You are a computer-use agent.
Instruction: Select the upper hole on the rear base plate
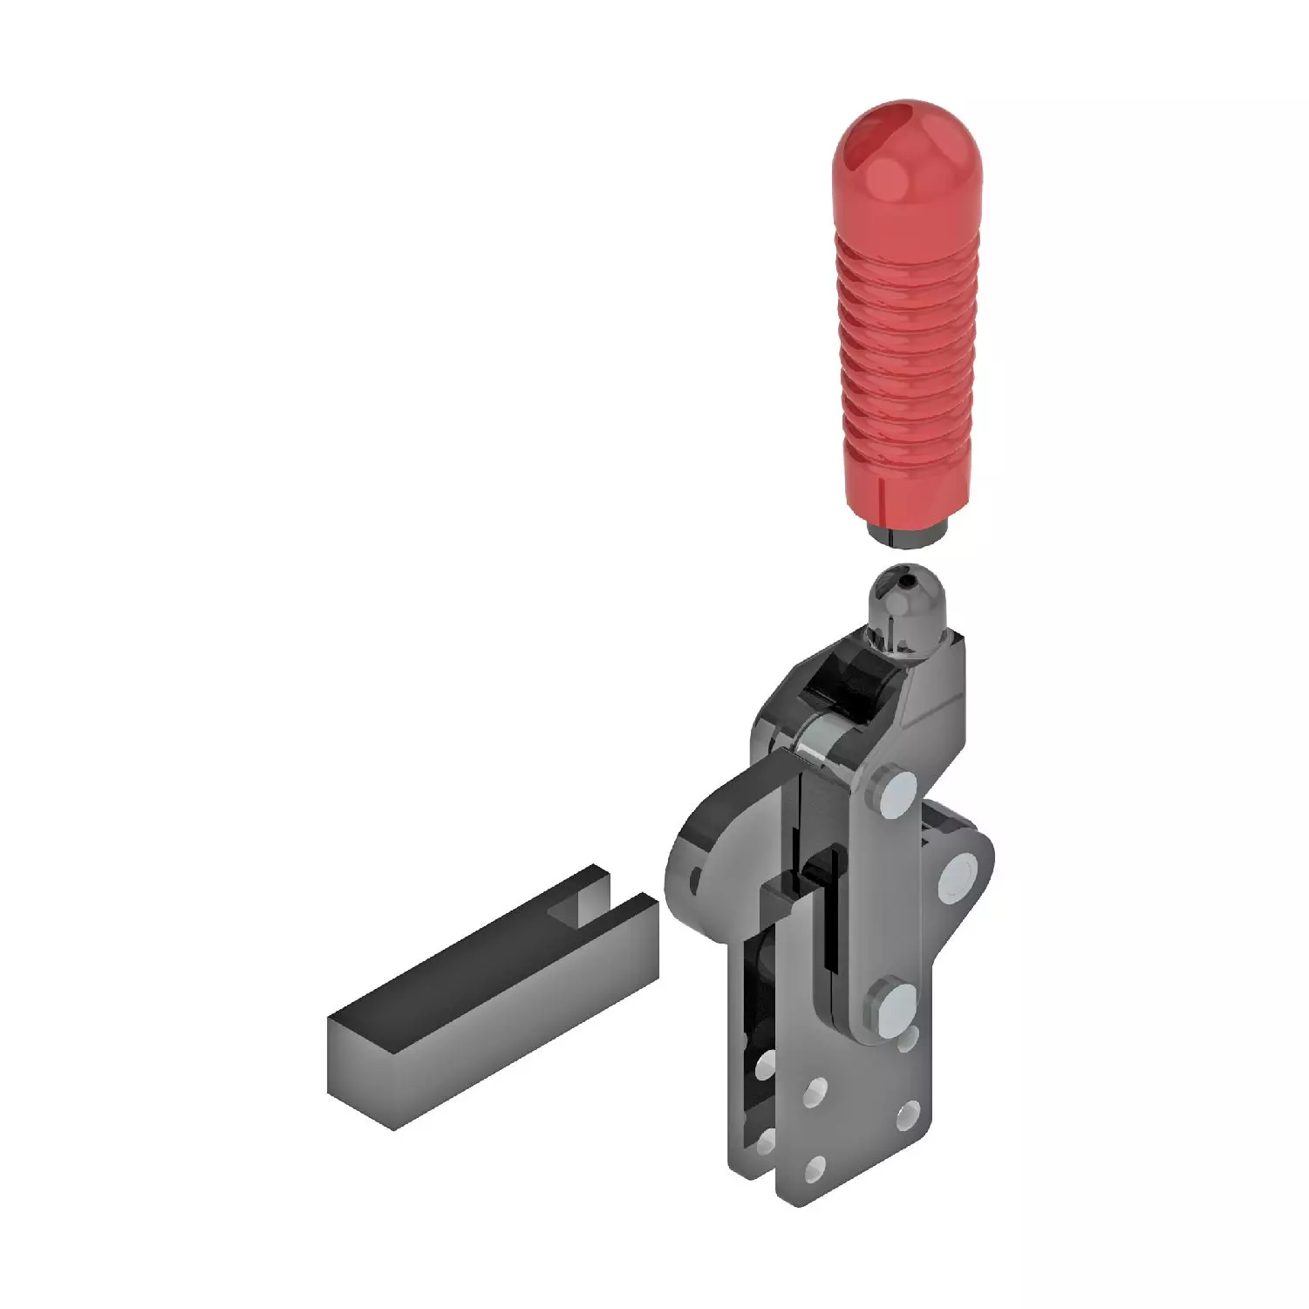765,1063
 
